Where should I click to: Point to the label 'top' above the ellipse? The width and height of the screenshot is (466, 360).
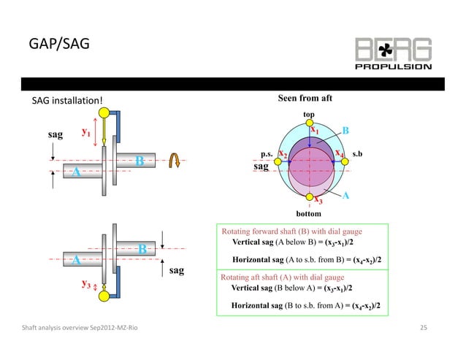click(x=308, y=115)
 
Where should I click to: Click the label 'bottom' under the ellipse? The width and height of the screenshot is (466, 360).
click(x=309, y=213)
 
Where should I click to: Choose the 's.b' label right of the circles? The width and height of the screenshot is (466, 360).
click(x=358, y=155)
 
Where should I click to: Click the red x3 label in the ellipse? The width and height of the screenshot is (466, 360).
click(x=318, y=201)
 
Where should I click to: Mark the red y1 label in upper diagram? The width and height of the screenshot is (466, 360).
click(x=86, y=133)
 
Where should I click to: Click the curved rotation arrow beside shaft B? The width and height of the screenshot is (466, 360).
click(x=175, y=160)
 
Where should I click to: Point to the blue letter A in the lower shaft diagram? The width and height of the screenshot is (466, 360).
click(x=75, y=258)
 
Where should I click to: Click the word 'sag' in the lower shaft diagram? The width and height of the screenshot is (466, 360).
click(x=176, y=270)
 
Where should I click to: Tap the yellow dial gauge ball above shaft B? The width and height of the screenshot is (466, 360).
click(x=106, y=113)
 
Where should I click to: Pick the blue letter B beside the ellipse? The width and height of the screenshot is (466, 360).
click(x=346, y=131)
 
